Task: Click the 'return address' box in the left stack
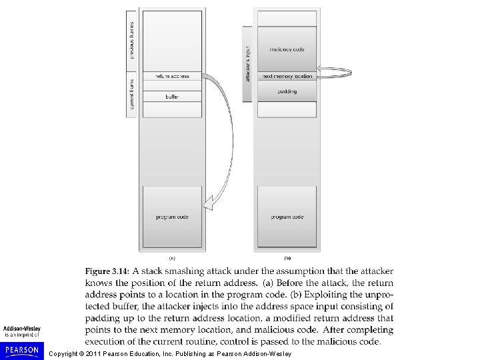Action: [x=172, y=76]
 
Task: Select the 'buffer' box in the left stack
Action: [x=172, y=97]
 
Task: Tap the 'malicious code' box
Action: [x=287, y=49]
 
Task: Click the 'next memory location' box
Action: [x=287, y=76]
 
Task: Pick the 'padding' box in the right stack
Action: [x=287, y=91]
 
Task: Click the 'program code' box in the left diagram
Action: [x=172, y=217]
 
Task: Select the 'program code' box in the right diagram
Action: [x=287, y=217]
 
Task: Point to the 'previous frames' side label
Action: [x=131, y=40]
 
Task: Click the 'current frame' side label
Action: [x=131, y=95]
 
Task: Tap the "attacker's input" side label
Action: [x=247, y=64]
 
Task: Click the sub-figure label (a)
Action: [x=172, y=257]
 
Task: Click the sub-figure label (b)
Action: [x=287, y=257]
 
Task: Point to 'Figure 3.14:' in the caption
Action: [x=106, y=271]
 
